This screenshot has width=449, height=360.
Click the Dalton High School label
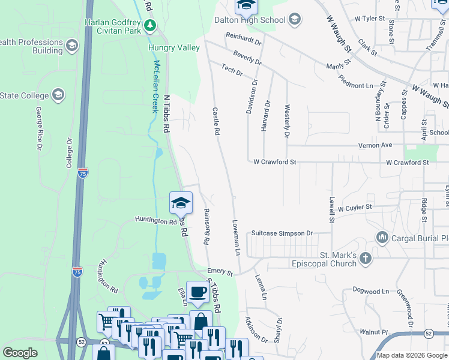[x=250, y=20]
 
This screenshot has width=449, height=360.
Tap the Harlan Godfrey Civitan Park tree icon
[x=150, y=25]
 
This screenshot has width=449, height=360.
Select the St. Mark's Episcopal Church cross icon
[x=365, y=259]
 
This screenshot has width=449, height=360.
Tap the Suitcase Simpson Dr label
[x=282, y=233]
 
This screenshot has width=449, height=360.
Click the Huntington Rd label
[x=155, y=221]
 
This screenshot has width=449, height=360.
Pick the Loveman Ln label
[x=237, y=238]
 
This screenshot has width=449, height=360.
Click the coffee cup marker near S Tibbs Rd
[x=197, y=292]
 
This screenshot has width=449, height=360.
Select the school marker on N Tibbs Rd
[x=181, y=202]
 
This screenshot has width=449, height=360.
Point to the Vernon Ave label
[x=375, y=145]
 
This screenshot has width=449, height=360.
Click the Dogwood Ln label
[x=372, y=291]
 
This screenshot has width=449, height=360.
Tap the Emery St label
[x=220, y=272]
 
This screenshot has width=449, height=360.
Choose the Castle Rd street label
[x=215, y=121]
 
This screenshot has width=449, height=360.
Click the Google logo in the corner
[x=20, y=353]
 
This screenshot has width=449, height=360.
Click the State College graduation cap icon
[x=58, y=95]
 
